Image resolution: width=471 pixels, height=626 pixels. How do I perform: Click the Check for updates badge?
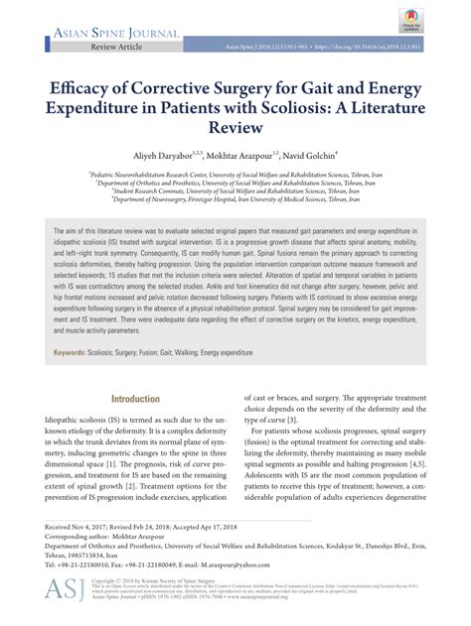(x=431, y=21)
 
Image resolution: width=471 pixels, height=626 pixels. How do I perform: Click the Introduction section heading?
(x=134, y=400)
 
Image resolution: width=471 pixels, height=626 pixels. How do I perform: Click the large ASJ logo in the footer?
(x=65, y=590)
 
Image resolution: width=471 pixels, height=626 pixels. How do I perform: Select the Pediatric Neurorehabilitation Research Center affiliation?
(x=235, y=171)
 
